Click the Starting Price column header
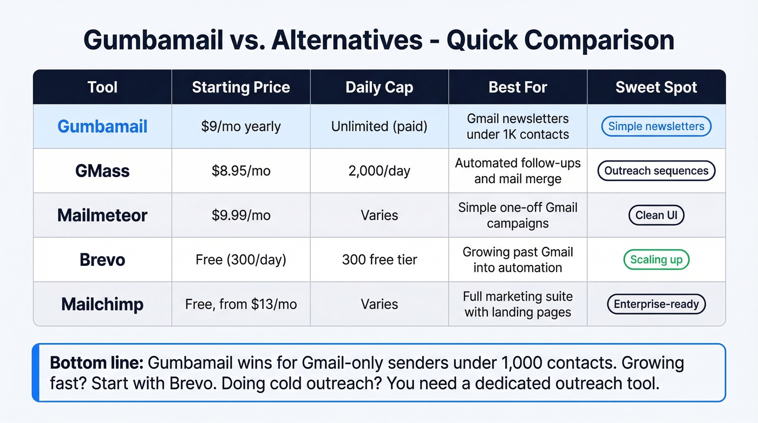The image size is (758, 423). pyautogui.click(x=241, y=87)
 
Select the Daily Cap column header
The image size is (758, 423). pyautogui.click(x=379, y=87)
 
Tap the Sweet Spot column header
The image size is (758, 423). pyautogui.click(x=656, y=87)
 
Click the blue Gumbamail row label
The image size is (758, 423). pyautogui.click(x=102, y=126)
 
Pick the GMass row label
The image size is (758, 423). pyautogui.click(x=102, y=171)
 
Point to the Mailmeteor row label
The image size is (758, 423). pyautogui.click(x=102, y=215)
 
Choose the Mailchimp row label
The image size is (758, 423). pyautogui.click(x=102, y=304)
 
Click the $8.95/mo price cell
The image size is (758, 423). pyautogui.click(x=241, y=171)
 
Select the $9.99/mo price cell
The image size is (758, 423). pyautogui.click(x=241, y=215)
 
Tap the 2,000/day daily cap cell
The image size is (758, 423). pyautogui.click(x=379, y=171)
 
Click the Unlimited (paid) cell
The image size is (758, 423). pyautogui.click(x=379, y=126)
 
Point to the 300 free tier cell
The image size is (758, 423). pyautogui.click(x=379, y=259)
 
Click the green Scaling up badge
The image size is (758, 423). pyautogui.click(x=656, y=259)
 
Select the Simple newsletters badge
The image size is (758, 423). pyautogui.click(x=656, y=126)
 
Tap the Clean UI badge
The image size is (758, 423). pyautogui.click(x=656, y=215)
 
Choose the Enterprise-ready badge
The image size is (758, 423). pyautogui.click(x=656, y=304)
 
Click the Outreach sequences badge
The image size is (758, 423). pyautogui.click(x=656, y=171)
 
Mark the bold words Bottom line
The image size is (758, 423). pyautogui.click(x=96, y=362)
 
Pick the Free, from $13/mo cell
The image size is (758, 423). pyautogui.click(x=241, y=304)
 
